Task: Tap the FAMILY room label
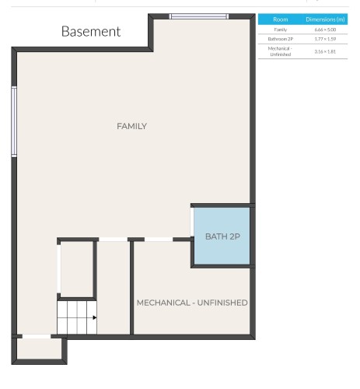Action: [x=131, y=126]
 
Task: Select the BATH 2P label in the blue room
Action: [x=222, y=236]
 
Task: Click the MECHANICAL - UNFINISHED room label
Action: [x=192, y=302]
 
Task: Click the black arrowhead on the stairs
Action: [x=94, y=317]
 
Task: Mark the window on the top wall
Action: [x=199, y=16]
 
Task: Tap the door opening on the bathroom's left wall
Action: [x=192, y=223]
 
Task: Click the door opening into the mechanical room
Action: [x=159, y=239]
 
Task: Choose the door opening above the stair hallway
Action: [x=113, y=239]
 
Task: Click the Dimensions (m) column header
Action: [x=324, y=19]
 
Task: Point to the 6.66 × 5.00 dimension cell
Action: [x=324, y=29]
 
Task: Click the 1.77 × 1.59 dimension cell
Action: [x=324, y=37]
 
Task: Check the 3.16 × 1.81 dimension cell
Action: [x=324, y=51]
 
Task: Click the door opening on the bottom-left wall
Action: [x=36, y=336]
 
